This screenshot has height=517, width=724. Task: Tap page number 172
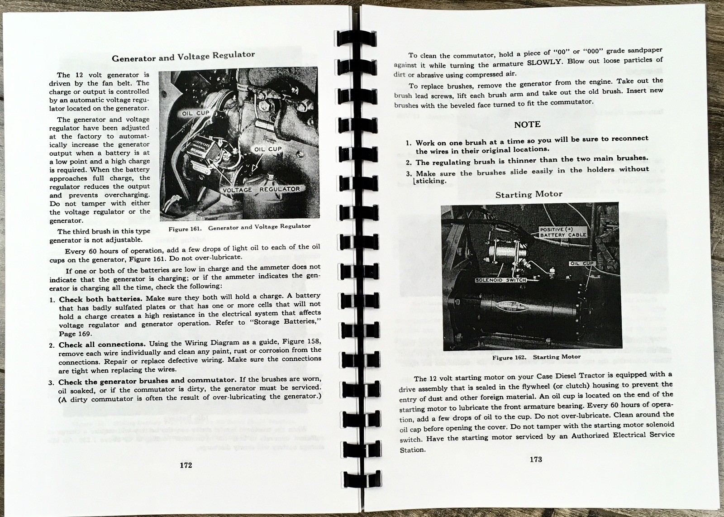186,465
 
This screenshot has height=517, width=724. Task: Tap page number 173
535,459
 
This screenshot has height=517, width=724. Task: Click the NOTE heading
527,124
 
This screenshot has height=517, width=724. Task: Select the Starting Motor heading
529,194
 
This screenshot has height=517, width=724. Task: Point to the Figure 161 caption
239,228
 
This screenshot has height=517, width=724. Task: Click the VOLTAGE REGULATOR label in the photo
261,189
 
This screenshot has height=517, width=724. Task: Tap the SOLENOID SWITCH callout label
500,280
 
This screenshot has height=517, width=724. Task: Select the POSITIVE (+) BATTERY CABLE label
563,232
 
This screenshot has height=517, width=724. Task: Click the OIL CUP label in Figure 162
581,263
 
